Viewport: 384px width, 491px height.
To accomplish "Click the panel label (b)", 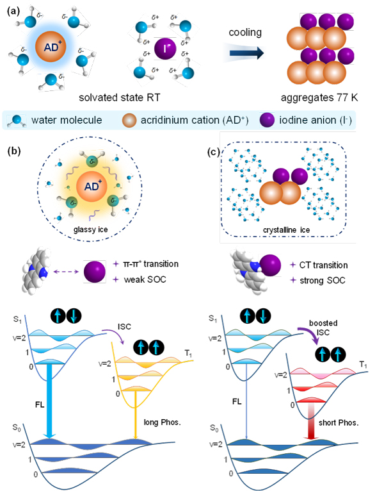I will coord(15,151).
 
